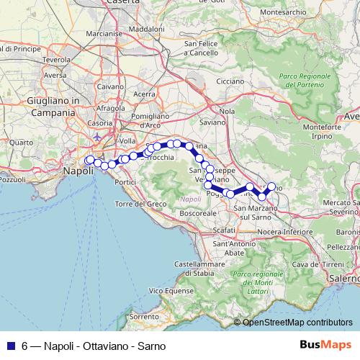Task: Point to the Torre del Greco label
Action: coord(140,204)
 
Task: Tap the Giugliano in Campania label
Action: coord(52,107)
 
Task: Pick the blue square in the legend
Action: coord(9,345)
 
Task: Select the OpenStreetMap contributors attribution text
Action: coord(297,323)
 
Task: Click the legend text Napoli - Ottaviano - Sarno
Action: coord(87,345)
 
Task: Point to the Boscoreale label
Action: coord(197,214)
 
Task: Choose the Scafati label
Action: coord(225,230)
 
